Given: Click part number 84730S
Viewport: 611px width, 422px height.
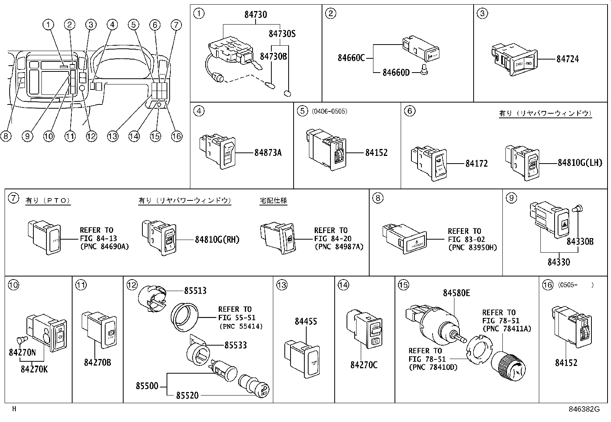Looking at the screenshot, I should (x=282, y=34).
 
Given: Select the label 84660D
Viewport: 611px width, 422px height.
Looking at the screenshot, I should (x=396, y=73).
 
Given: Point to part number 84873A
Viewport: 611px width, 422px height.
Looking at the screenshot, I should (x=268, y=153).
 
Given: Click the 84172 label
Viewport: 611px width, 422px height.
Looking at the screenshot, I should (x=476, y=164).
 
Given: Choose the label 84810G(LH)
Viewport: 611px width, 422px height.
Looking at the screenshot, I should (x=580, y=163).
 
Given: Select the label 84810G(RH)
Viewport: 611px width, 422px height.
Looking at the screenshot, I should (x=217, y=240).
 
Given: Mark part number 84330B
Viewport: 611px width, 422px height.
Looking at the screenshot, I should (x=580, y=242).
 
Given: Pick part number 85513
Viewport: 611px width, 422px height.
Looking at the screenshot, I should (x=195, y=291).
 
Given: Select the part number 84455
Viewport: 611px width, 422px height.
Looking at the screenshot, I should (x=306, y=321).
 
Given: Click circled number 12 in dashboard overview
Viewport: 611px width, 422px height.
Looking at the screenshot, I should (x=91, y=136).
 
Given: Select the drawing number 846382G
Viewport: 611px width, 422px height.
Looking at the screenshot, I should (x=584, y=409).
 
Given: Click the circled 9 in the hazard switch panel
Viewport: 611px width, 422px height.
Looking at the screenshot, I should (x=511, y=198).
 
